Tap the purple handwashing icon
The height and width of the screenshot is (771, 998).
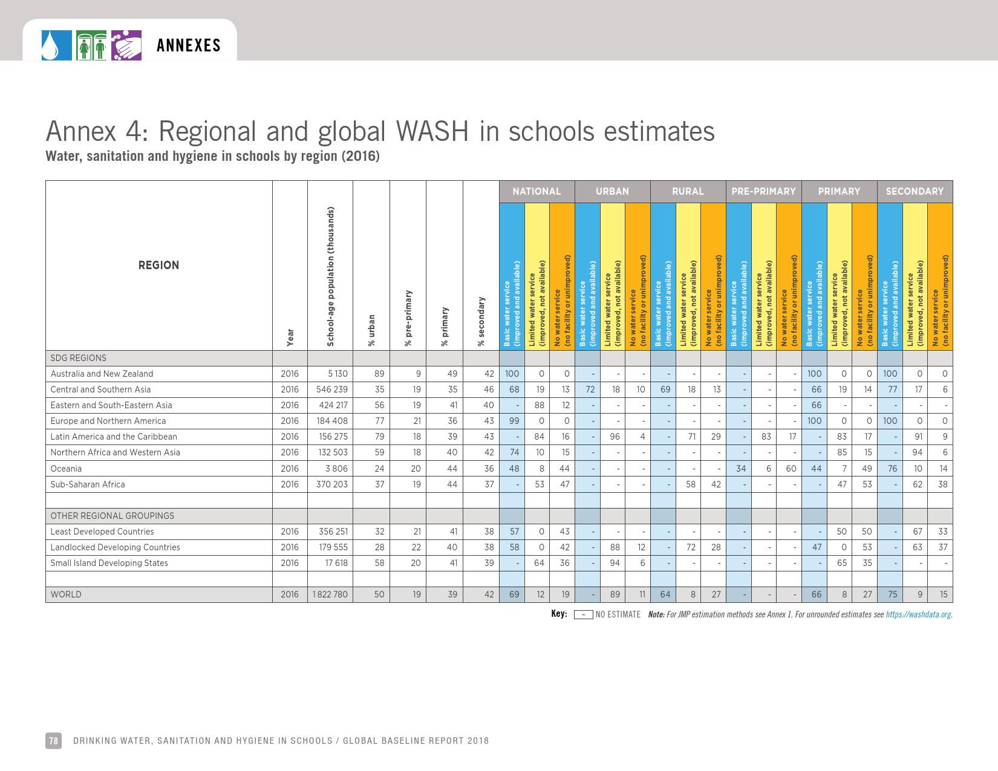126,46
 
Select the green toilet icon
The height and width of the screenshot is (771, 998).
92,46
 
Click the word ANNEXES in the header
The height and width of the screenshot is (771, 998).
189,46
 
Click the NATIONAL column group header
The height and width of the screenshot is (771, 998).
537,192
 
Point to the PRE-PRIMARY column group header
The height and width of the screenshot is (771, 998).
763,192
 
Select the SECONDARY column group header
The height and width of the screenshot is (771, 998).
915,192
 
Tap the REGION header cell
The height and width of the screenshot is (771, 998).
158,265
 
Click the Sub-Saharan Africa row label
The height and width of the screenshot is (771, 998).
88,484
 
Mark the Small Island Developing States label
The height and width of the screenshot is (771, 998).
109,563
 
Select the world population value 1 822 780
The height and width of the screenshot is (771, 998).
330,594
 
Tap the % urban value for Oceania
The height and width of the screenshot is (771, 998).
379,469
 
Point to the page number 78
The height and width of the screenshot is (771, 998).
53,741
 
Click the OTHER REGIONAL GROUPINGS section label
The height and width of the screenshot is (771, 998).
112,516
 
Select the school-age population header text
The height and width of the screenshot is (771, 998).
330,277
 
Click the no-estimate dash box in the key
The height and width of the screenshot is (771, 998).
583,615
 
